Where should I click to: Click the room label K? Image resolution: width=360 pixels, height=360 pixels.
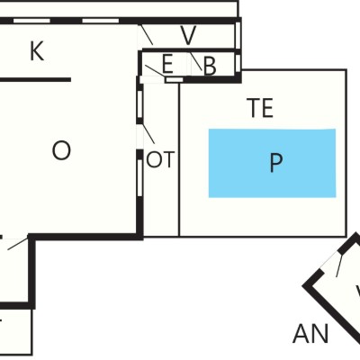click(37, 51)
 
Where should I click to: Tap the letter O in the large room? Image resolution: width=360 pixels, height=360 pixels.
click(61, 150)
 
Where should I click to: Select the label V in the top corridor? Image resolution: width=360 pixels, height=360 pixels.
click(188, 35)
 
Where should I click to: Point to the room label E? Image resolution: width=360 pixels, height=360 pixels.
click(167, 64)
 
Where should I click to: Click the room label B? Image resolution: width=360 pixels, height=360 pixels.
click(210, 67)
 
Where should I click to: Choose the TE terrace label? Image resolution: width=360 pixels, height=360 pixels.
click(260, 108)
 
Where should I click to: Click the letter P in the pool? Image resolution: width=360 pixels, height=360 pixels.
click(276, 163)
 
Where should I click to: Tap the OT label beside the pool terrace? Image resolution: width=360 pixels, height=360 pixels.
click(160, 159)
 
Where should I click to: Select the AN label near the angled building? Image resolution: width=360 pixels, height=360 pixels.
click(310, 334)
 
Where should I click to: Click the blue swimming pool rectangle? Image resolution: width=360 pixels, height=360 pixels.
click(272, 163)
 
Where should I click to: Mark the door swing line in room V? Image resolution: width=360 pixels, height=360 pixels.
click(148, 35)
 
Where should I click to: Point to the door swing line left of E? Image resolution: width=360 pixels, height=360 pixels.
click(155, 71)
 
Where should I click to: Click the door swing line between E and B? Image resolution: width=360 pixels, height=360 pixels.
click(195, 61)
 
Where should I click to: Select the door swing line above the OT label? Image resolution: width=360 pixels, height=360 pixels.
click(148, 133)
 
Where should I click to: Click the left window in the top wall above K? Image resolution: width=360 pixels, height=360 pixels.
click(31, 21)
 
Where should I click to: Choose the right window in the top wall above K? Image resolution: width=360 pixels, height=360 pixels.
click(100, 21)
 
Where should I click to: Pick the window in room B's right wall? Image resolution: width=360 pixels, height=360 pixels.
click(238, 63)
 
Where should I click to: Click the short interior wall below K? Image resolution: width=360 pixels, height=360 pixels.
click(35, 79)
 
